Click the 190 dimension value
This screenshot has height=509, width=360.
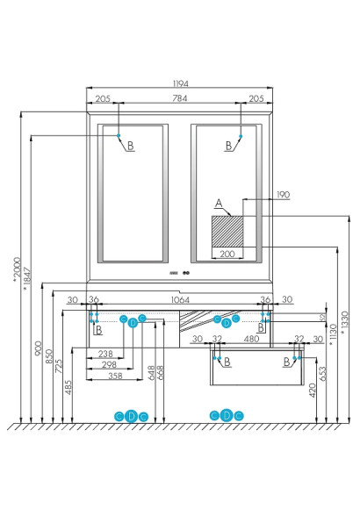[x=258, y=194]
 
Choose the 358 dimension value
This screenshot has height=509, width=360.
[x=106, y=375]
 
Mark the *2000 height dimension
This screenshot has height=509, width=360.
[x=15, y=267]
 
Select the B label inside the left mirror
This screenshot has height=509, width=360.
[x=130, y=146]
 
